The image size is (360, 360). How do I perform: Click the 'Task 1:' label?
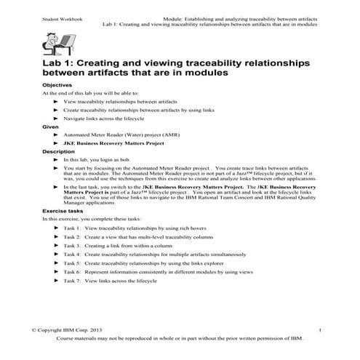point(73,228)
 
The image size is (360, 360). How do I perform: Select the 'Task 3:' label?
point(73,246)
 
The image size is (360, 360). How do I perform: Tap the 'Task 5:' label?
point(73,263)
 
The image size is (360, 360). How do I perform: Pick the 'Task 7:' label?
point(73,280)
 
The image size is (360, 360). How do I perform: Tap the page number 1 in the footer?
point(320,330)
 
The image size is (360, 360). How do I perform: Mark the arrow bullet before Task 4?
point(55,255)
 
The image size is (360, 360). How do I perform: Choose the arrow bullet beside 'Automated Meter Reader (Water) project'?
point(55,135)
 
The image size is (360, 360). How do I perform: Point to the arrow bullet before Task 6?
point(55,271)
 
